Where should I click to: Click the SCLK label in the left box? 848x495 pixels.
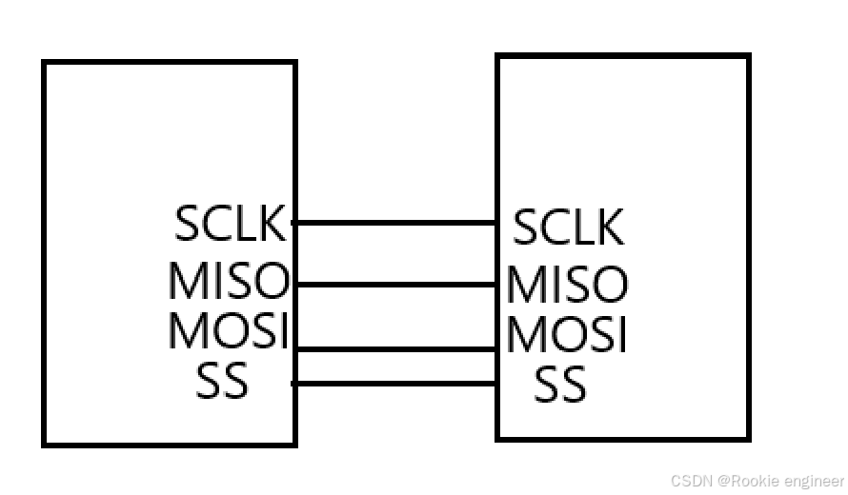click(x=230, y=223)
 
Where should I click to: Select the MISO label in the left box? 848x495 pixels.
click(x=229, y=281)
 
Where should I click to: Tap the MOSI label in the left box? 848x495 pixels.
click(x=228, y=330)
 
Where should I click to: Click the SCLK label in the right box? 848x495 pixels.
click(x=569, y=228)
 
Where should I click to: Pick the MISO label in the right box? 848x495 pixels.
click(x=568, y=284)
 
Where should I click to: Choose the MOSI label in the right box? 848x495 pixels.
click(x=567, y=334)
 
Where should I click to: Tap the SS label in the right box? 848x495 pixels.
click(x=560, y=386)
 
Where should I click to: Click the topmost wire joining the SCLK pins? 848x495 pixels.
click(x=394, y=223)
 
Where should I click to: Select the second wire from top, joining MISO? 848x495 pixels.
click(x=394, y=284)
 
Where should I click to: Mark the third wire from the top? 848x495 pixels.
click(x=394, y=349)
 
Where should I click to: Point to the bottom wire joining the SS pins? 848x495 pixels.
click(x=394, y=384)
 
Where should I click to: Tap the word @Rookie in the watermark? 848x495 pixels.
click(x=746, y=481)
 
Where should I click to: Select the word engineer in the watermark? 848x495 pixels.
click(x=812, y=482)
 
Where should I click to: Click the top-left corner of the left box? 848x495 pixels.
click(x=44, y=63)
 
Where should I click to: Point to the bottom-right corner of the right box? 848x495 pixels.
click(x=748, y=438)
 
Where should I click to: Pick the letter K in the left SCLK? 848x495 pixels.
click(x=273, y=223)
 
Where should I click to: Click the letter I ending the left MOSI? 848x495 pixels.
click(x=282, y=330)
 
